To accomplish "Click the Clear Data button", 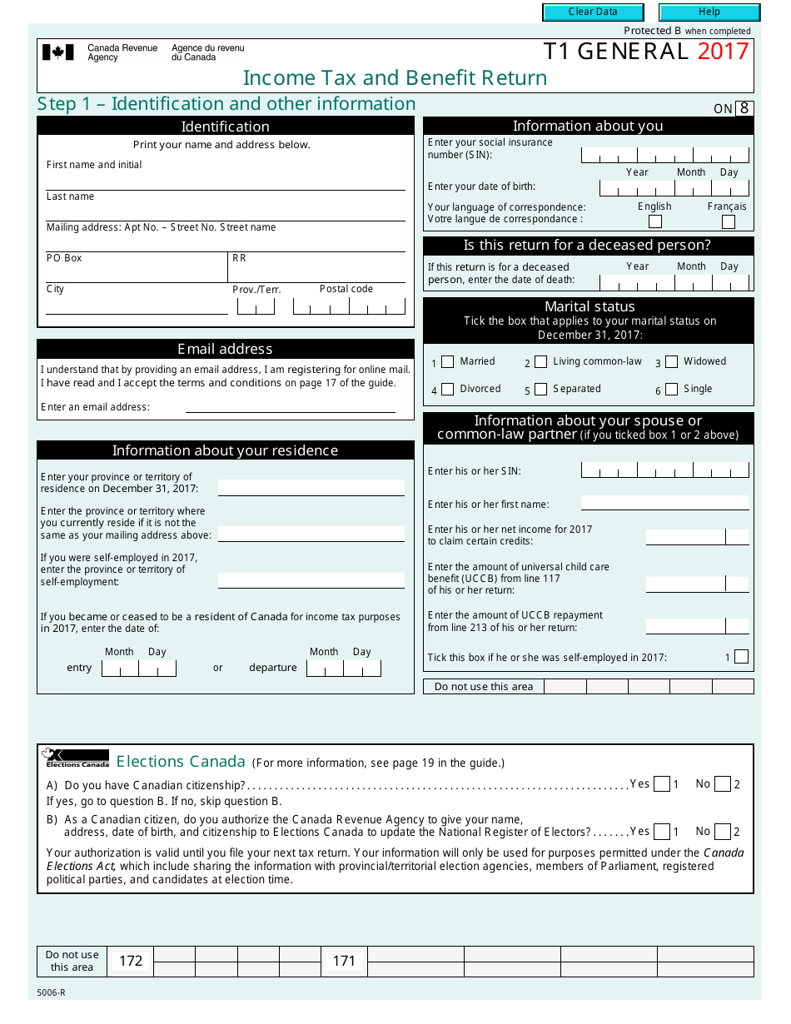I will coord(593,12).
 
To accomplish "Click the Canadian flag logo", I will coord(58,52).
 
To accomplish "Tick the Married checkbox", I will coord(448,362).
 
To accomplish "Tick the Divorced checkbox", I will coord(448,390).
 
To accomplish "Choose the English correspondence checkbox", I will coord(655,221).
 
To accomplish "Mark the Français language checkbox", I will coord(729,221).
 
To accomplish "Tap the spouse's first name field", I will coord(664,503).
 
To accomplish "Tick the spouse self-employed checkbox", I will coord(741,657).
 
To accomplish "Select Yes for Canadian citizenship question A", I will coord(662,784).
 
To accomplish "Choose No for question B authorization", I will coord(723,832).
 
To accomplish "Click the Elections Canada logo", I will coord(76,758).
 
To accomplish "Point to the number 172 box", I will coord(131,961).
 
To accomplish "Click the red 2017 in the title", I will coord(723,52).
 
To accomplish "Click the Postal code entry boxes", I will coord(350,306).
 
